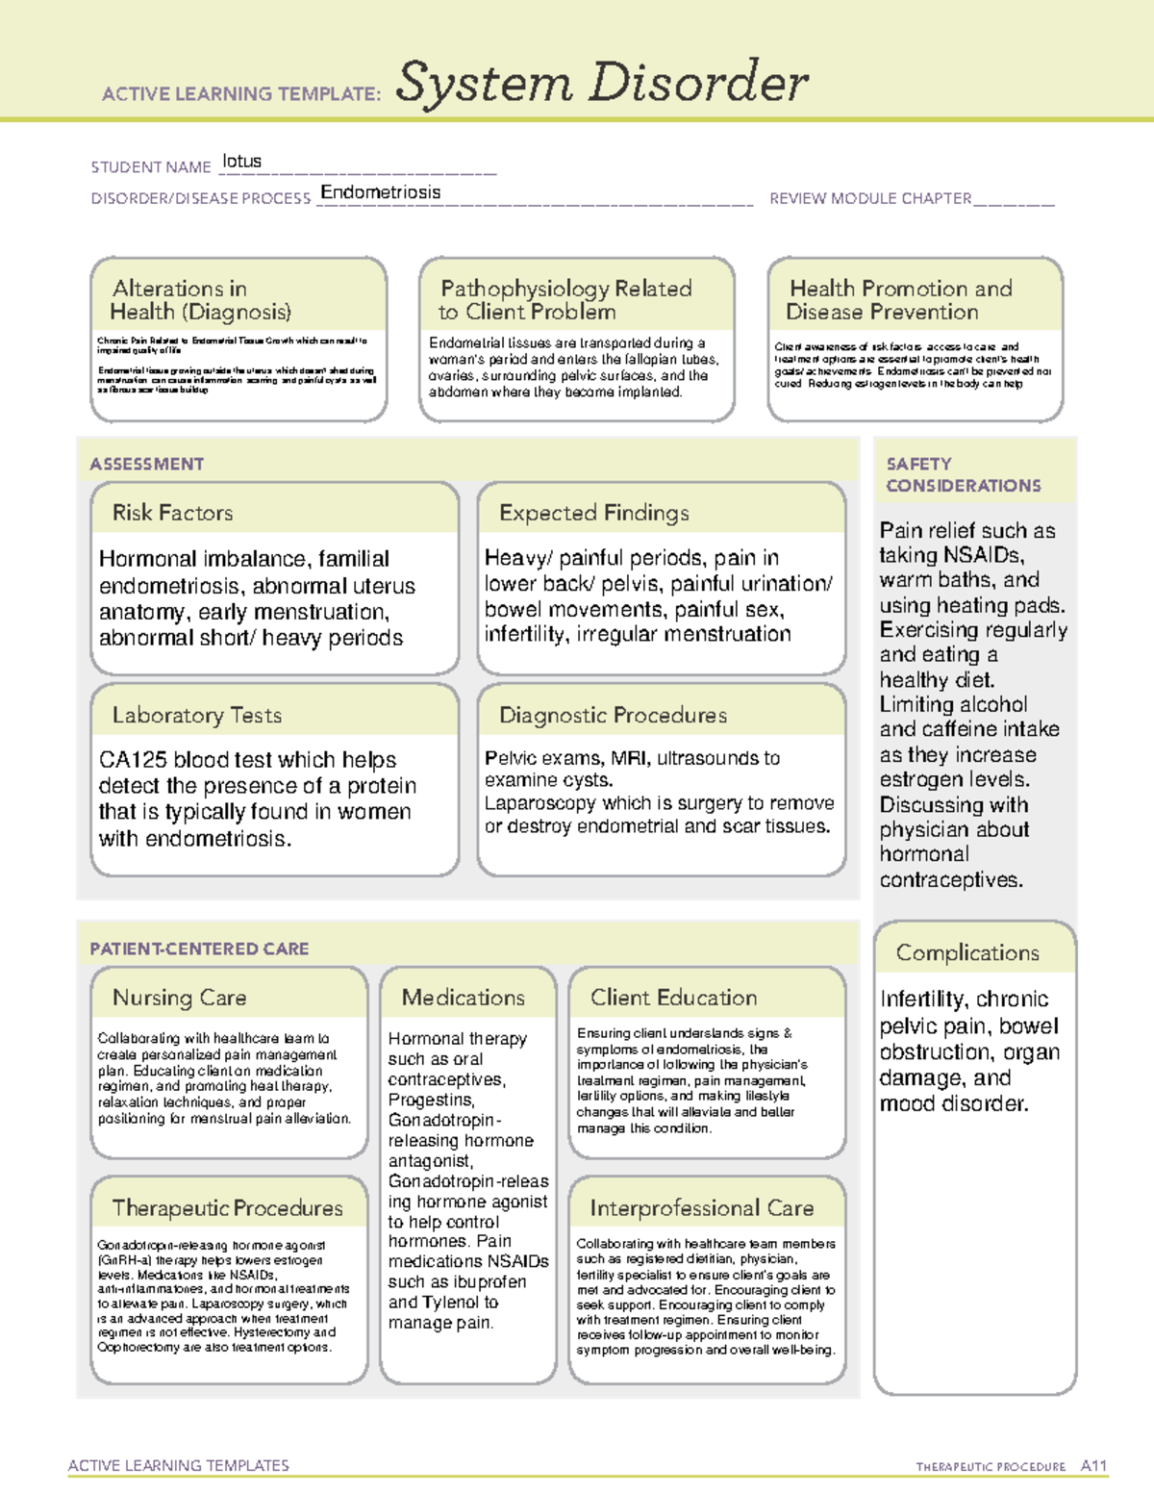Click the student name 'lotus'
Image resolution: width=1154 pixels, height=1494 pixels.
click(241, 162)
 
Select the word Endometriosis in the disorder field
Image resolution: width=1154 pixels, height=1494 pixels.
click(381, 192)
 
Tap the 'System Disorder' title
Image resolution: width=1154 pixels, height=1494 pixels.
click(602, 83)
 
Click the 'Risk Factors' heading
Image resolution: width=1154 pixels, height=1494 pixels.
click(173, 513)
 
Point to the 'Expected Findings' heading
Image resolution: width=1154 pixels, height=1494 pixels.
click(594, 513)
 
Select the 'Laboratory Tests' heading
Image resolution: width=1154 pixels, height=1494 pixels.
click(197, 715)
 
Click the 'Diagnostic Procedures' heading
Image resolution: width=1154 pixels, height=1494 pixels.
click(613, 715)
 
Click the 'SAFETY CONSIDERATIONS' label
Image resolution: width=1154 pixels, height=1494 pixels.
click(963, 475)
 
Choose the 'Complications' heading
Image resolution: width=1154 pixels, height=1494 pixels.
click(967, 952)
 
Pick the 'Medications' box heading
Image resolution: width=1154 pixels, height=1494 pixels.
click(464, 998)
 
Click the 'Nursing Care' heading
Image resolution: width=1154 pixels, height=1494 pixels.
click(180, 998)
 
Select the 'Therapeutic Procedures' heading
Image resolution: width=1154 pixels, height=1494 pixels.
click(228, 1207)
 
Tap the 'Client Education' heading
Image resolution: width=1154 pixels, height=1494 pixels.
click(674, 998)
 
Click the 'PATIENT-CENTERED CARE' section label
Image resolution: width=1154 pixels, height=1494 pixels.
click(200, 949)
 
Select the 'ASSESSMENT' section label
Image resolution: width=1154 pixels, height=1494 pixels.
click(147, 464)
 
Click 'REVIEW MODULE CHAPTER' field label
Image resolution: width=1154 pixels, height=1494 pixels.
click(870, 198)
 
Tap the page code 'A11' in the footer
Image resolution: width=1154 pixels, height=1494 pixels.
click(1093, 1466)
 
